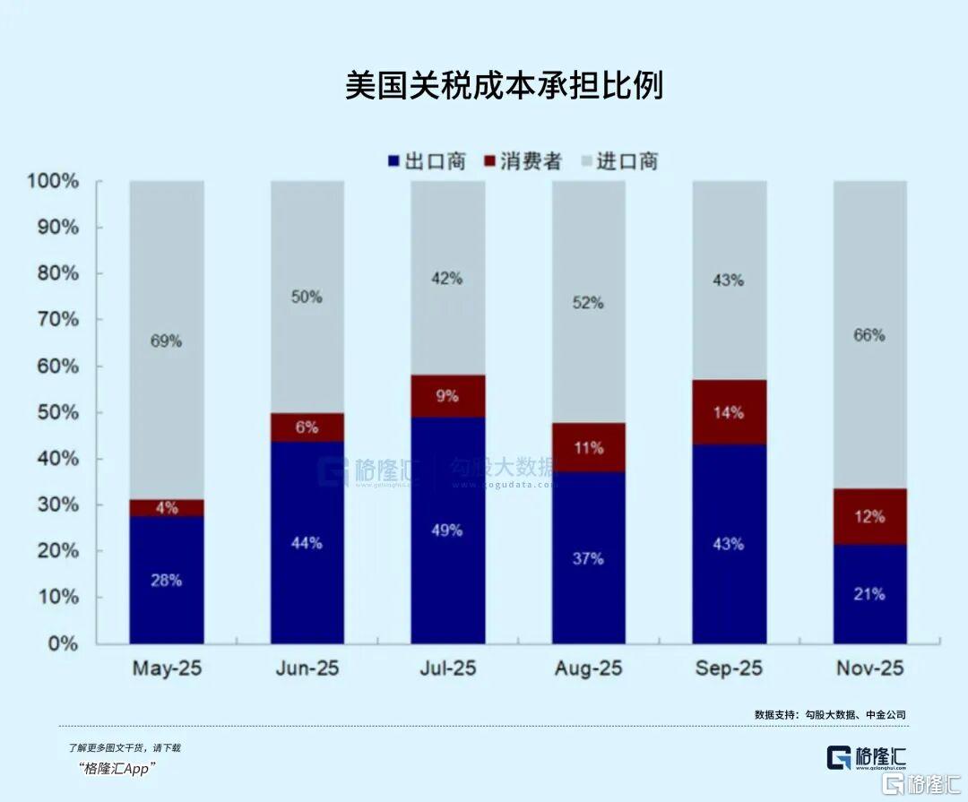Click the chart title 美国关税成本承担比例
[504, 86]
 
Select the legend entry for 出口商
[427, 161]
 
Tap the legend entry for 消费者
[523, 161]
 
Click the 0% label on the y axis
[63, 643]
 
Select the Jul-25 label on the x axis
[448, 668]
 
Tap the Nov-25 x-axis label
[869, 668]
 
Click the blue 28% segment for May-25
[167, 580]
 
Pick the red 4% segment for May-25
[167, 508]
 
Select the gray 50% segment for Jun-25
[307, 297]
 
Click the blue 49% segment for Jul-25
[448, 530]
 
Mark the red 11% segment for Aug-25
[589, 447]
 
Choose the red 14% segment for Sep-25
[729, 412]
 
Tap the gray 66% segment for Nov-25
[869, 334]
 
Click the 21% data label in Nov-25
[869, 593]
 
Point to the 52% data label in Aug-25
[589, 303]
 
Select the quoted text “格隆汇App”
[117, 768]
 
